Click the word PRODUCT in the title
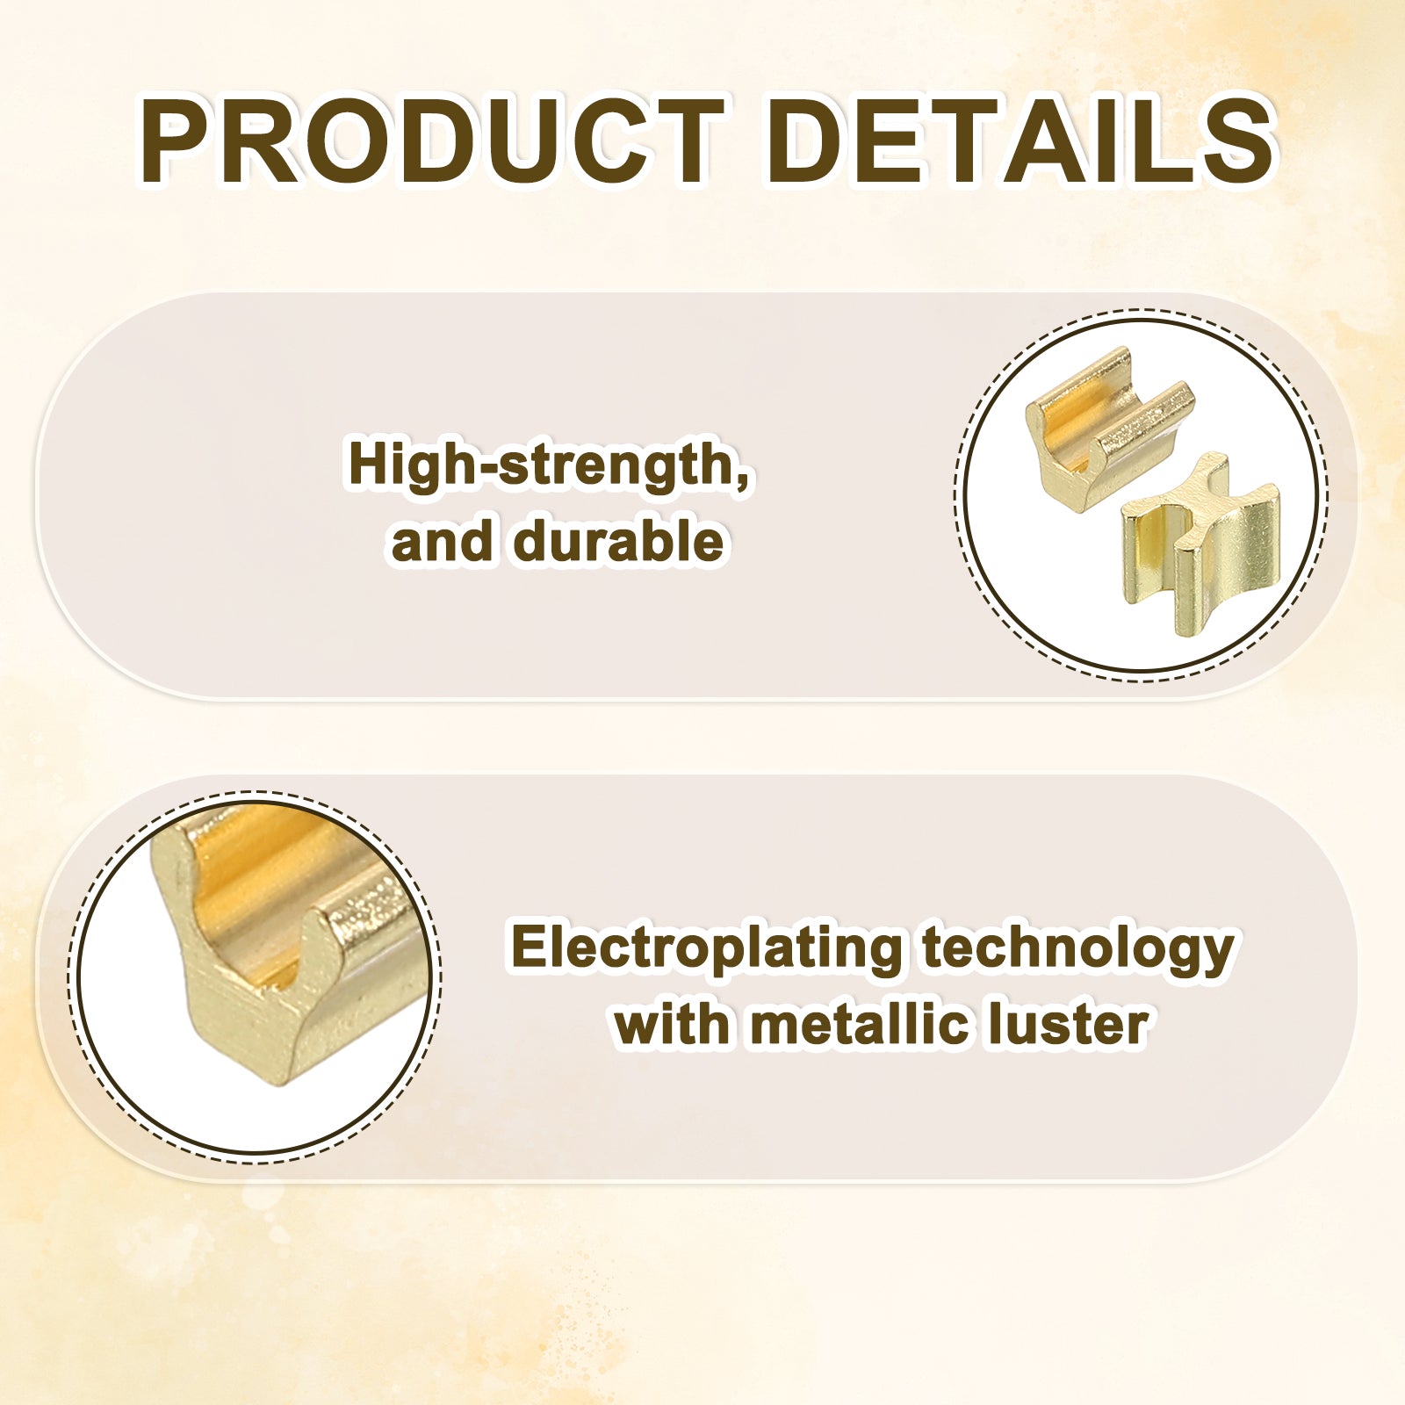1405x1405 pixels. click(431, 142)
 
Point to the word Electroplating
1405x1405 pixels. click(707, 949)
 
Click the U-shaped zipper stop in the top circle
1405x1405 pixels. click(1109, 428)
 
